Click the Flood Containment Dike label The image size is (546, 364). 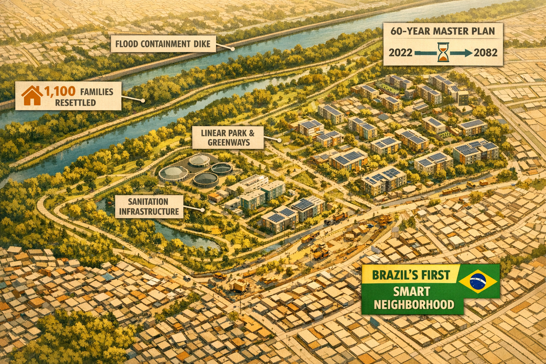tap(163, 44)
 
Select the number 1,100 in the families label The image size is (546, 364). tap(60, 91)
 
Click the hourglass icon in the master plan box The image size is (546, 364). tap(443, 53)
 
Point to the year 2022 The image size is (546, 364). tap(401, 53)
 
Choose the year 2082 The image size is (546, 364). tap(486, 53)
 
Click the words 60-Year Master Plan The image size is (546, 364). tap(443, 31)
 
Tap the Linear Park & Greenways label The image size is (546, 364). tap(228, 138)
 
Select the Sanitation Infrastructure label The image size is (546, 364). tap(149, 207)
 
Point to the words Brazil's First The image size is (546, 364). tap(411, 275)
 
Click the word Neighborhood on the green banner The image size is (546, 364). tap(414, 305)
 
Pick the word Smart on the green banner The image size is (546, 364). tap(412, 292)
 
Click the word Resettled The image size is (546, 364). tap(75, 103)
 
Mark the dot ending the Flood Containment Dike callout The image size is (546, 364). tap(233, 49)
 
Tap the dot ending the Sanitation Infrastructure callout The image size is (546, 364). tap(202, 210)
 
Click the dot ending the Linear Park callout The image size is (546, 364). tap(280, 140)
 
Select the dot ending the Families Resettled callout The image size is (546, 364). tap(143, 101)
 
